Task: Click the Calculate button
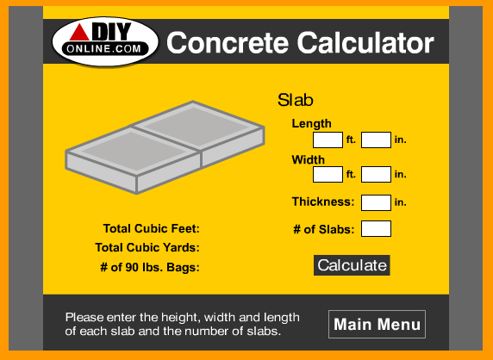click(352, 265)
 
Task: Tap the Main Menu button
click(377, 324)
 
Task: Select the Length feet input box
click(328, 140)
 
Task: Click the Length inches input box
click(376, 140)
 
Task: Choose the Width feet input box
click(328, 174)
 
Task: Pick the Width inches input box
click(376, 174)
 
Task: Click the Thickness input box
click(376, 202)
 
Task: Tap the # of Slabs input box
click(376, 228)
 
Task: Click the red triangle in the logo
click(79, 33)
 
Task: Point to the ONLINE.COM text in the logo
click(104, 49)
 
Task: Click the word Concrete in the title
click(228, 43)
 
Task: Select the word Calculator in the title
click(365, 43)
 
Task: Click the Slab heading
click(296, 100)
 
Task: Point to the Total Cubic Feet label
click(151, 228)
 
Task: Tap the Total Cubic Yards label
click(147, 247)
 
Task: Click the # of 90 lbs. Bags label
click(150, 267)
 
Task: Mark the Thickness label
click(323, 202)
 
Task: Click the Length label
click(312, 124)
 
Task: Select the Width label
click(309, 159)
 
